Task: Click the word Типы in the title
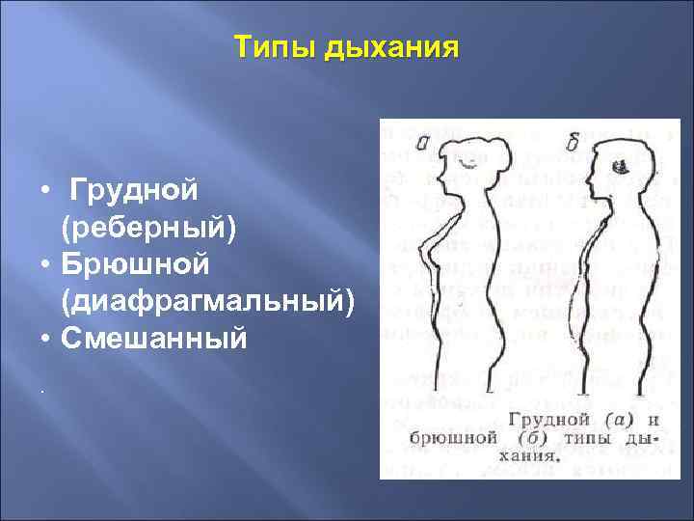(276, 47)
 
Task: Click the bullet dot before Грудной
(45, 191)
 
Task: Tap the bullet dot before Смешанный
(45, 341)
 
